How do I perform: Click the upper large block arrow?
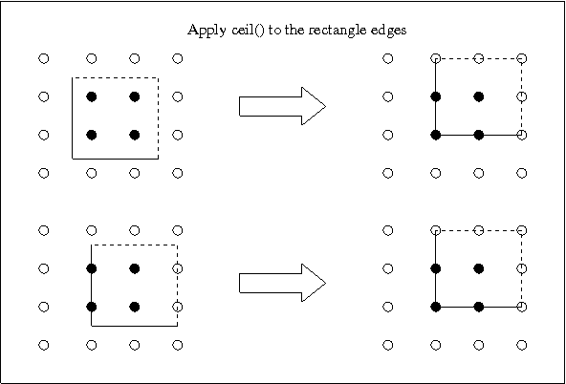point(283,106)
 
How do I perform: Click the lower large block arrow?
point(283,283)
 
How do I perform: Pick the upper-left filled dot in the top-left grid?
point(92,96)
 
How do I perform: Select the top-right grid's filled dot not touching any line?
point(479,96)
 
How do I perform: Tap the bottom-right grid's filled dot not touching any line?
point(479,268)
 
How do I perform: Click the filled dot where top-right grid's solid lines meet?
point(436,135)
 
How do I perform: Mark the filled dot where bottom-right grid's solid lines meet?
point(436,307)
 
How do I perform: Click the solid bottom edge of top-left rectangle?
point(116,159)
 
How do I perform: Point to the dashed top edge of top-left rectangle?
point(116,77)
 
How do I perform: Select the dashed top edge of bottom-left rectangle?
point(134,245)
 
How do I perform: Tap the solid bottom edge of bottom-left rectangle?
point(134,326)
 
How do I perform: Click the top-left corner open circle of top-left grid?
point(44,58)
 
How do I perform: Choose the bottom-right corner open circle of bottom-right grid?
point(522,345)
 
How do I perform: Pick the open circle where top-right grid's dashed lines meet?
point(522,58)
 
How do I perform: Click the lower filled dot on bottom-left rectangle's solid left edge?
point(92,307)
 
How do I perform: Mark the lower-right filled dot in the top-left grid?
point(135,135)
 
